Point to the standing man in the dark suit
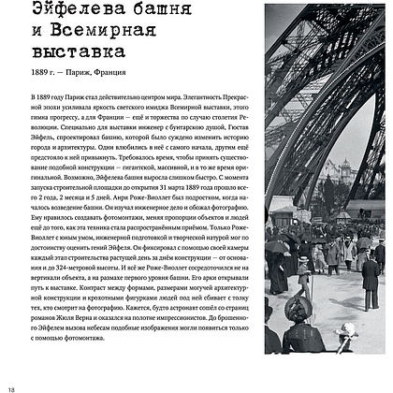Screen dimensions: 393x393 point(371,281)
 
